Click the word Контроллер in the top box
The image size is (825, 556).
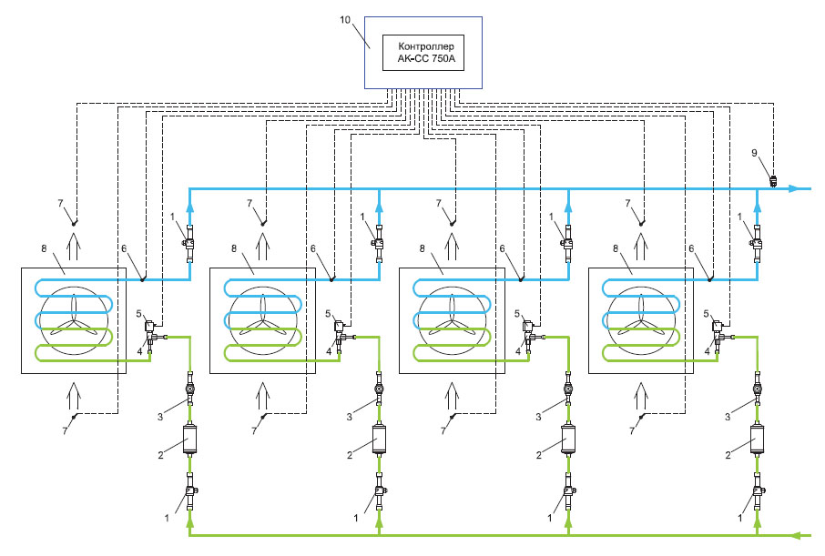click(x=420, y=45)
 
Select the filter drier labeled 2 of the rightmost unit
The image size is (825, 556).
click(x=757, y=440)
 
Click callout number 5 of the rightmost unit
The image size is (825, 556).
click(x=707, y=313)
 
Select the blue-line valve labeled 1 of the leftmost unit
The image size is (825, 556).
click(x=189, y=243)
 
